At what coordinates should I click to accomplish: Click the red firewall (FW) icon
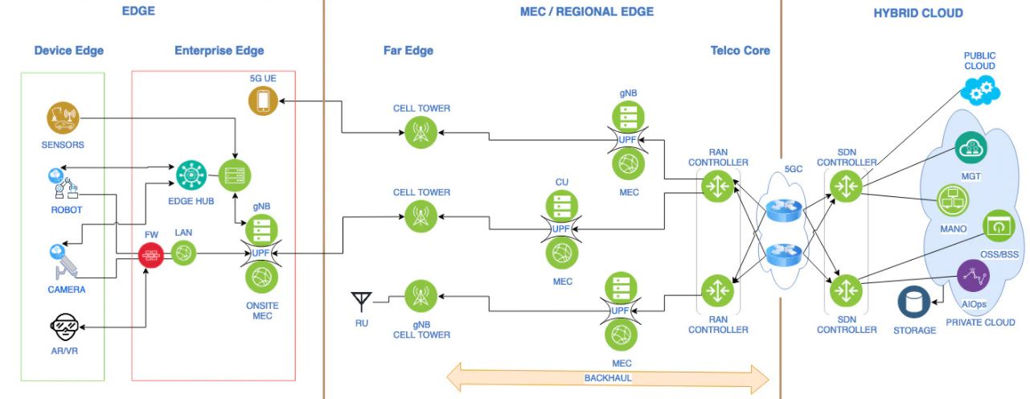tap(151, 254)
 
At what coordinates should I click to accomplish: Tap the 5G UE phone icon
tap(263, 101)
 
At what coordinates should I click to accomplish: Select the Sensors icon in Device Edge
tap(63, 117)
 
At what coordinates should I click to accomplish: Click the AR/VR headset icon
tap(64, 327)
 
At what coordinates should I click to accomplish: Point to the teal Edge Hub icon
tap(191, 175)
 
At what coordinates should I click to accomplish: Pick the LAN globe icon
tap(183, 253)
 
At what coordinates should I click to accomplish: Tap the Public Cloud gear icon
tap(980, 90)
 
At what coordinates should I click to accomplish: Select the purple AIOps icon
tap(973, 276)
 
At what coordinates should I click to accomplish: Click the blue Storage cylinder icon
tap(914, 302)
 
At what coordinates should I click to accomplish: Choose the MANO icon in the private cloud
tap(953, 201)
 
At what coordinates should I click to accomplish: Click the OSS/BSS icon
tap(999, 226)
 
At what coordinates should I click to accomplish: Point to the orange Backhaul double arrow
tap(608, 378)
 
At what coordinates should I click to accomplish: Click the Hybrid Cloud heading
tap(918, 13)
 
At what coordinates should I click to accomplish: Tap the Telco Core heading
tap(741, 51)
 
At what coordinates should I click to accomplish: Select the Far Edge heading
tap(408, 51)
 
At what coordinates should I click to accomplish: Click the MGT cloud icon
tap(970, 148)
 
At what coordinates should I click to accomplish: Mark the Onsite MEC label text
tap(262, 311)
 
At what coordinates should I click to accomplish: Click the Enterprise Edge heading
tap(220, 51)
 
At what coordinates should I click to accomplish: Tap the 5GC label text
tap(794, 169)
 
